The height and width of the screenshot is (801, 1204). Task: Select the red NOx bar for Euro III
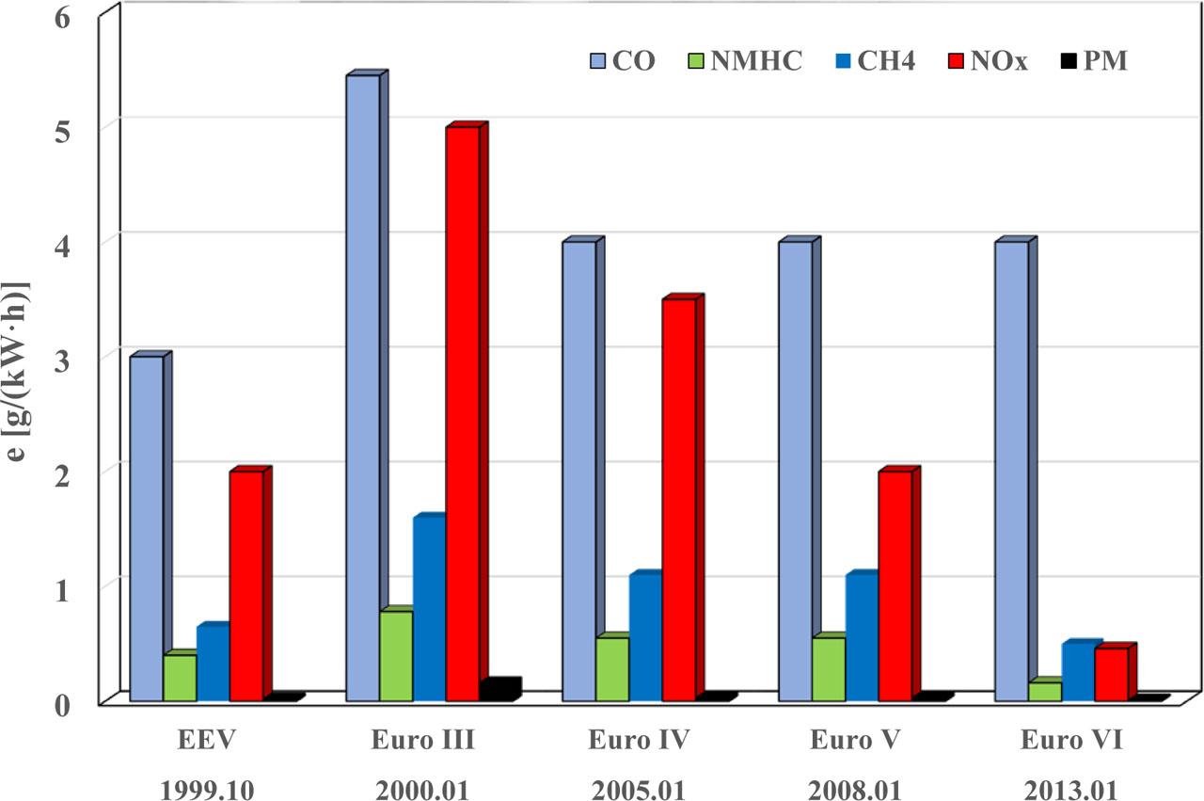[463, 414]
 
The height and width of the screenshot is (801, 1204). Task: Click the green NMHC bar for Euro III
[396, 656]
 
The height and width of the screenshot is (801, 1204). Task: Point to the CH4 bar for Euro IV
[645, 637]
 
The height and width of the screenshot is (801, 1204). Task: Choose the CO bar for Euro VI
[1011, 471]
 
